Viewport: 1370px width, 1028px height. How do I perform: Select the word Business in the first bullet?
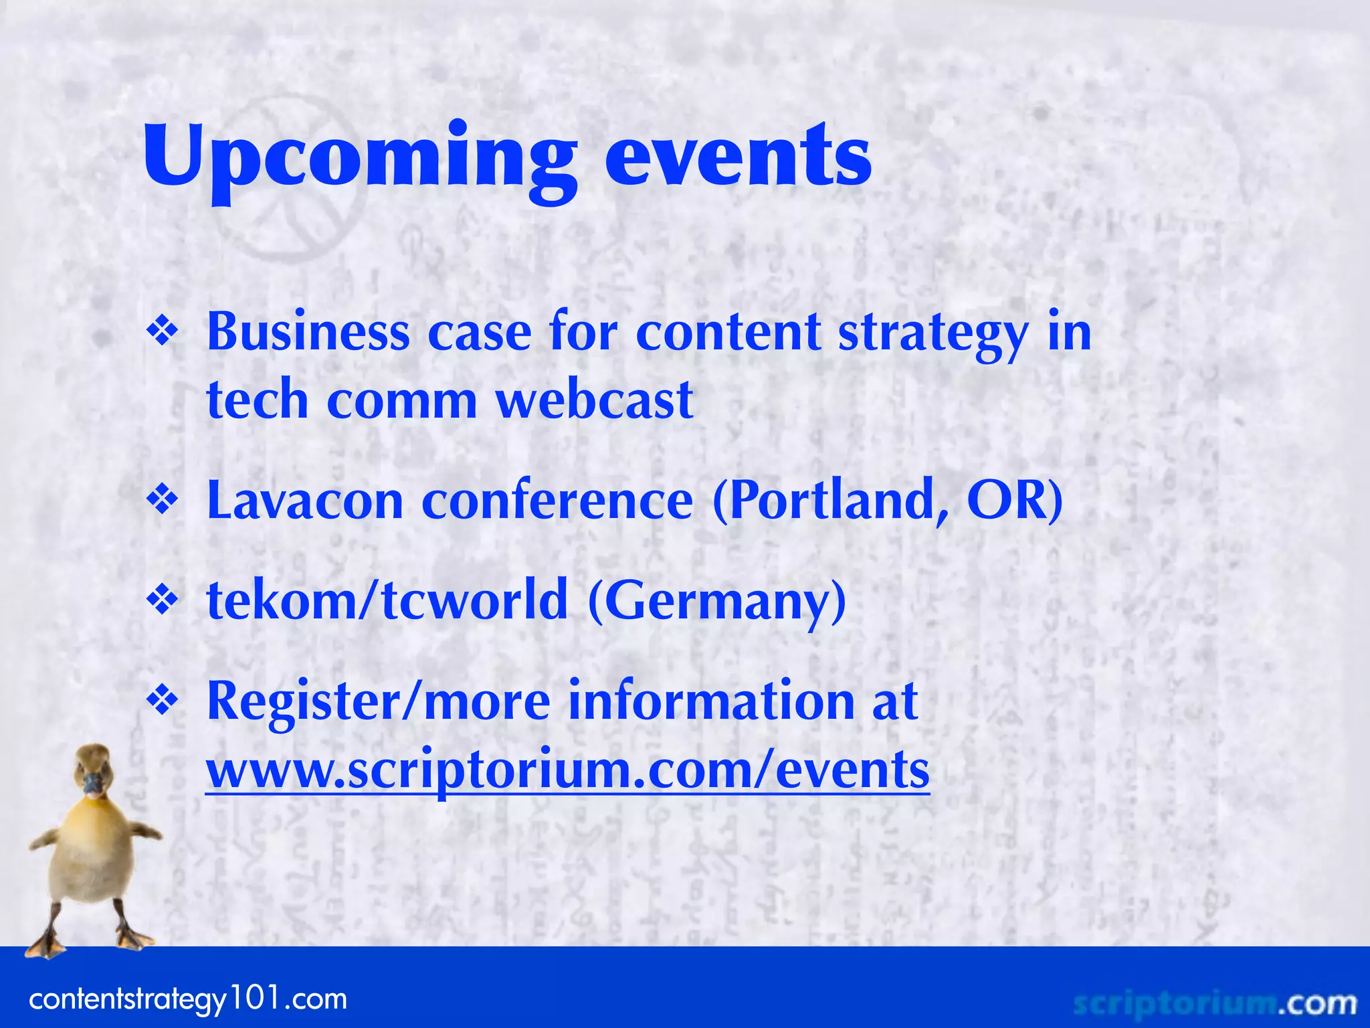point(308,333)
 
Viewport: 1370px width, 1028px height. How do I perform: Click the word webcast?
point(594,400)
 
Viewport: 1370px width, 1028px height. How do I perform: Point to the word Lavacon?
point(305,501)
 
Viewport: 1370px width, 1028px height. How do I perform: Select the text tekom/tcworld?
point(387,600)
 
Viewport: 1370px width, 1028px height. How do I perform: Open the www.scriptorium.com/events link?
point(567,770)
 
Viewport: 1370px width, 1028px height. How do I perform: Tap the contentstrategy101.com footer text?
point(188,1000)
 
